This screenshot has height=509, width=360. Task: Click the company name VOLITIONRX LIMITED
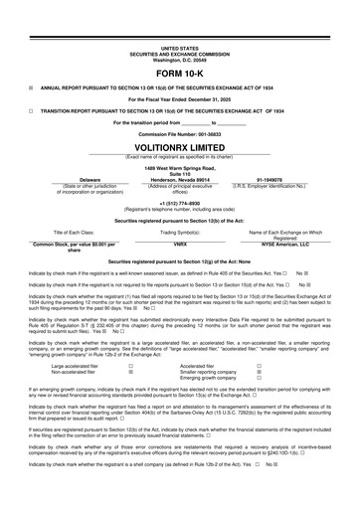coord(179,146)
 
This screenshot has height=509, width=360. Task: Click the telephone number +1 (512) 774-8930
coord(180,204)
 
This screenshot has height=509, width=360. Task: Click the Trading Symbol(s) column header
coord(180,232)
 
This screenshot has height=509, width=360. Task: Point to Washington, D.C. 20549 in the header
coord(179,59)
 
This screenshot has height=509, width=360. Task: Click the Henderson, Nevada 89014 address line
coord(179,177)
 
